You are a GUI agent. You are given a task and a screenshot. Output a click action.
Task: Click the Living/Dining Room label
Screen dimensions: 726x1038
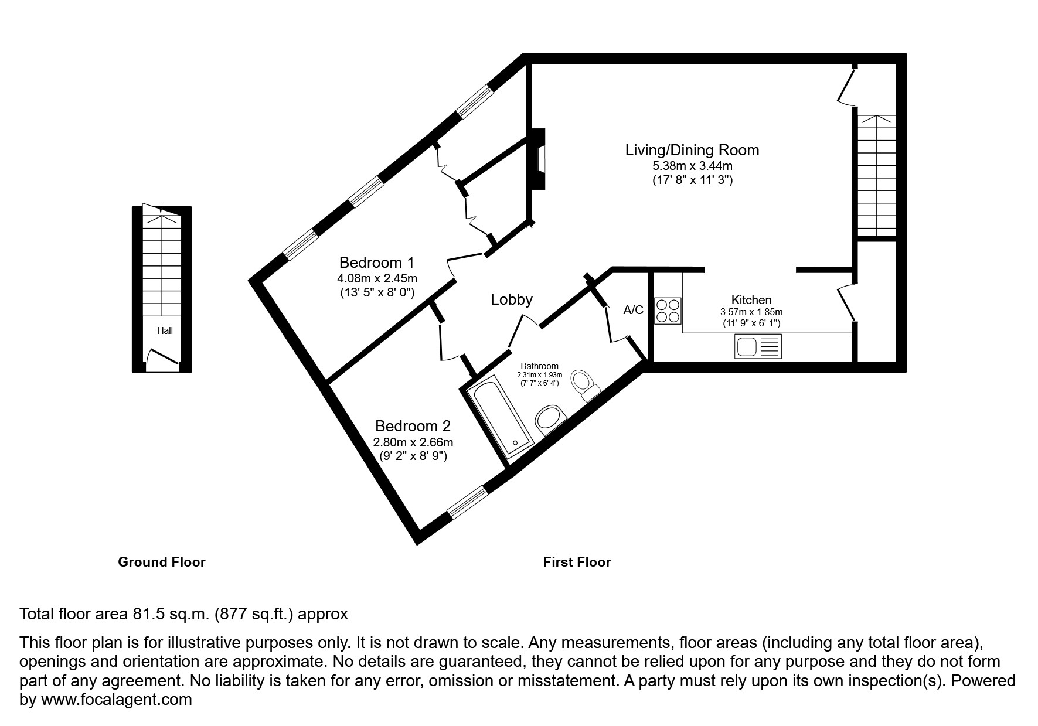[x=692, y=150]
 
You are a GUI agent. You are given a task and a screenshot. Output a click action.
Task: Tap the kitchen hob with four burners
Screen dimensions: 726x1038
[x=668, y=311]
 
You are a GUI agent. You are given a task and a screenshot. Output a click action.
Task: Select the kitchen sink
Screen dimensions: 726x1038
[x=758, y=346]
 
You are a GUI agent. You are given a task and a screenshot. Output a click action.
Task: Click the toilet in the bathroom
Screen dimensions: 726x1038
[x=584, y=384]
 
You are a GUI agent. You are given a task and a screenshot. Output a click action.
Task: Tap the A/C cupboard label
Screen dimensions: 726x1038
[x=633, y=310]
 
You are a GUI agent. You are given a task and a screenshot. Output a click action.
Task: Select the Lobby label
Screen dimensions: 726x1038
[x=511, y=299]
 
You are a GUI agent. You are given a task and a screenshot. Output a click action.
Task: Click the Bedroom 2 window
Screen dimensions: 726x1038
[x=468, y=503]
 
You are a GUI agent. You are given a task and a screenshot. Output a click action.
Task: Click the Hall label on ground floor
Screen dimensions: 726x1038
[x=165, y=330]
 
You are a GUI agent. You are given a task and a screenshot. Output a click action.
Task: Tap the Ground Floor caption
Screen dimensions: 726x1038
[x=162, y=562]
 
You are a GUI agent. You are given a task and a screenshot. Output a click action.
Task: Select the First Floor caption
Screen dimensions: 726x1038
[x=577, y=562]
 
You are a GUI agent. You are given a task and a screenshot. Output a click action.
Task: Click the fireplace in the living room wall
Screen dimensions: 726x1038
[x=538, y=159]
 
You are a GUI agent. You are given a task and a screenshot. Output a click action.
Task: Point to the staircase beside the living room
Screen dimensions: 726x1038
[x=877, y=176]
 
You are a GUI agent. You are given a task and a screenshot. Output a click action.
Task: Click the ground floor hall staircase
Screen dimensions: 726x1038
[x=162, y=264]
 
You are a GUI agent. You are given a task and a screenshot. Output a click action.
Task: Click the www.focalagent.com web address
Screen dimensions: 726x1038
[x=115, y=700]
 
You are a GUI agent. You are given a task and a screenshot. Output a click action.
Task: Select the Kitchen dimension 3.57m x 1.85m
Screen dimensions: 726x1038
[x=751, y=312]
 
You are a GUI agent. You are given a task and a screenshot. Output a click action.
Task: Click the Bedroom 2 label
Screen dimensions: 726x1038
[x=413, y=426]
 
